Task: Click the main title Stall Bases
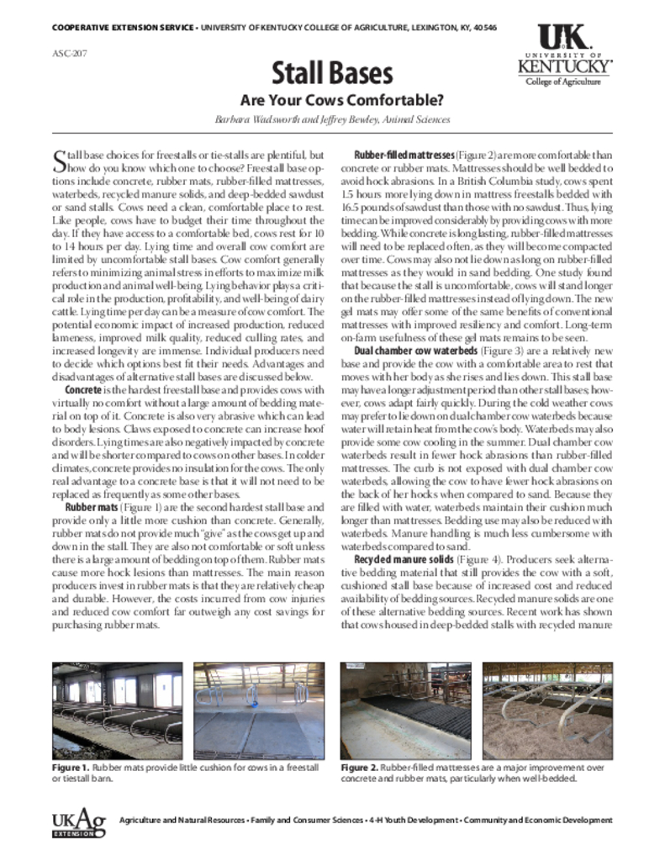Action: click(332, 73)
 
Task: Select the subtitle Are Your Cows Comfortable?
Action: click(332, 100)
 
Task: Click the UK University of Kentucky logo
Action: click(563, 55)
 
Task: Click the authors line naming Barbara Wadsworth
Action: click(332, 120)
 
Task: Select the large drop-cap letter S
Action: click(59, 160)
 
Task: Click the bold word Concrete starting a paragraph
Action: click(83, 390)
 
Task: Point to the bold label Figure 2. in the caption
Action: click(359, 769)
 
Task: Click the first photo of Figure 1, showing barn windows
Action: click(118, 711)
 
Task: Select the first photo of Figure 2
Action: click(406, 711)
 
